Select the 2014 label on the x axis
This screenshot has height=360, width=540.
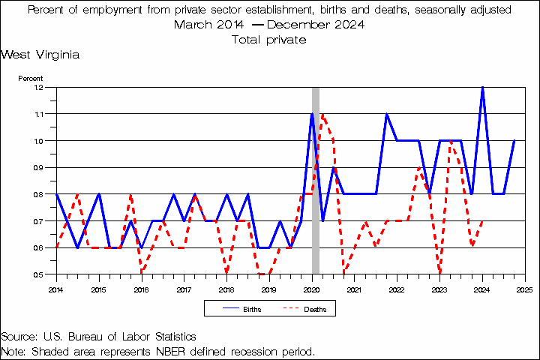coord(56,289)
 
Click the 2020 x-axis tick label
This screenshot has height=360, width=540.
coord(311,289)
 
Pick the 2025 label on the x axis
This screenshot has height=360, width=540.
coord(524,289)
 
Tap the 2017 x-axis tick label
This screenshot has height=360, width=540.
coord(184,289)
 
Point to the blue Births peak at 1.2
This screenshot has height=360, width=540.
coord(482,88)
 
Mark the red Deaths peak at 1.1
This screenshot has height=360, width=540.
coord(322,114)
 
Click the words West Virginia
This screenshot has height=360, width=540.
coord(40,55)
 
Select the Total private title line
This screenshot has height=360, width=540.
coord(269,40)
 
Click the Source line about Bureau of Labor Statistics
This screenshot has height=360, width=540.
coord(98,337)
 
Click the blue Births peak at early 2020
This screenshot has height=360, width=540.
coord(312,114)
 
